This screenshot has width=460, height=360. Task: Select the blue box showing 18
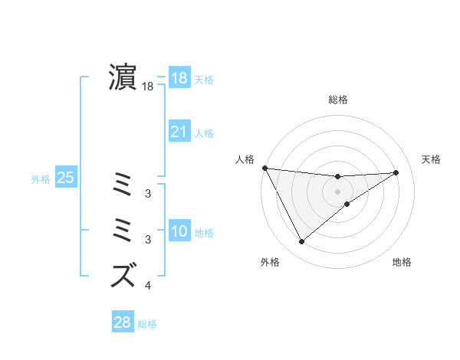179,78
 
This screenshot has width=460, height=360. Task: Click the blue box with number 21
179,133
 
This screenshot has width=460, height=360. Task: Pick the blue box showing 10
179,231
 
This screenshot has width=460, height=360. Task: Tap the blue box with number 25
66,178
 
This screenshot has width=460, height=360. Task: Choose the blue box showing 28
122,322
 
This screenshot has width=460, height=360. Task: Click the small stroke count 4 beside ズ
148,286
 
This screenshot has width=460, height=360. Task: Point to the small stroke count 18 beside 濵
148,87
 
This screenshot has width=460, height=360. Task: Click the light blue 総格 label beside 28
147,324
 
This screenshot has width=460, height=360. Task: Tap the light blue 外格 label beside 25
41,179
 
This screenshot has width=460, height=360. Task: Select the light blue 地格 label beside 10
205,233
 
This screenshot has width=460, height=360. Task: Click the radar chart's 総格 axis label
338,100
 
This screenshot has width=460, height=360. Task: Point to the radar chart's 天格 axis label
432,159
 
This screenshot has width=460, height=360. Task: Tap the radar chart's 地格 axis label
402,262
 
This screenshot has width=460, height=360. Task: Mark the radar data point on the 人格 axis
264,168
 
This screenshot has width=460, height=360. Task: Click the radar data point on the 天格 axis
396,172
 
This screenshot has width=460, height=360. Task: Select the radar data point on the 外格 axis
301,242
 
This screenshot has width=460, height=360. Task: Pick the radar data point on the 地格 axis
347,204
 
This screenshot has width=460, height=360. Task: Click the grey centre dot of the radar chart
338,191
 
